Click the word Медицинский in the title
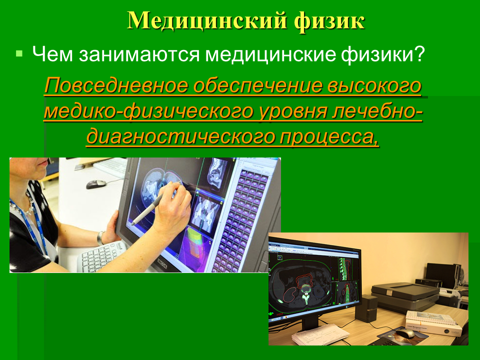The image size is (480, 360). point(207,21)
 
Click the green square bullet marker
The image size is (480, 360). point(19,54)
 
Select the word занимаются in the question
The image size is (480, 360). point(139,54)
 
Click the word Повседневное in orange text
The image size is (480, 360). point(116,86)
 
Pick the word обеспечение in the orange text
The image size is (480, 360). point(257,86)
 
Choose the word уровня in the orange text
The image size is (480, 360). point(293,112)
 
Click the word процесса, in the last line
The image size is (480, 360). point(329,137)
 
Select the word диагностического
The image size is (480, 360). point(180,137)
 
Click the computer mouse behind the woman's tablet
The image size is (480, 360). point(96,184)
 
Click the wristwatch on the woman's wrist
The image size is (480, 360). point(100,238)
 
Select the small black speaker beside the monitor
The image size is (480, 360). point(366,308)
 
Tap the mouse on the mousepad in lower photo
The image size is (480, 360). point(405,333)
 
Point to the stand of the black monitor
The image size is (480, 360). point(310,324)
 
